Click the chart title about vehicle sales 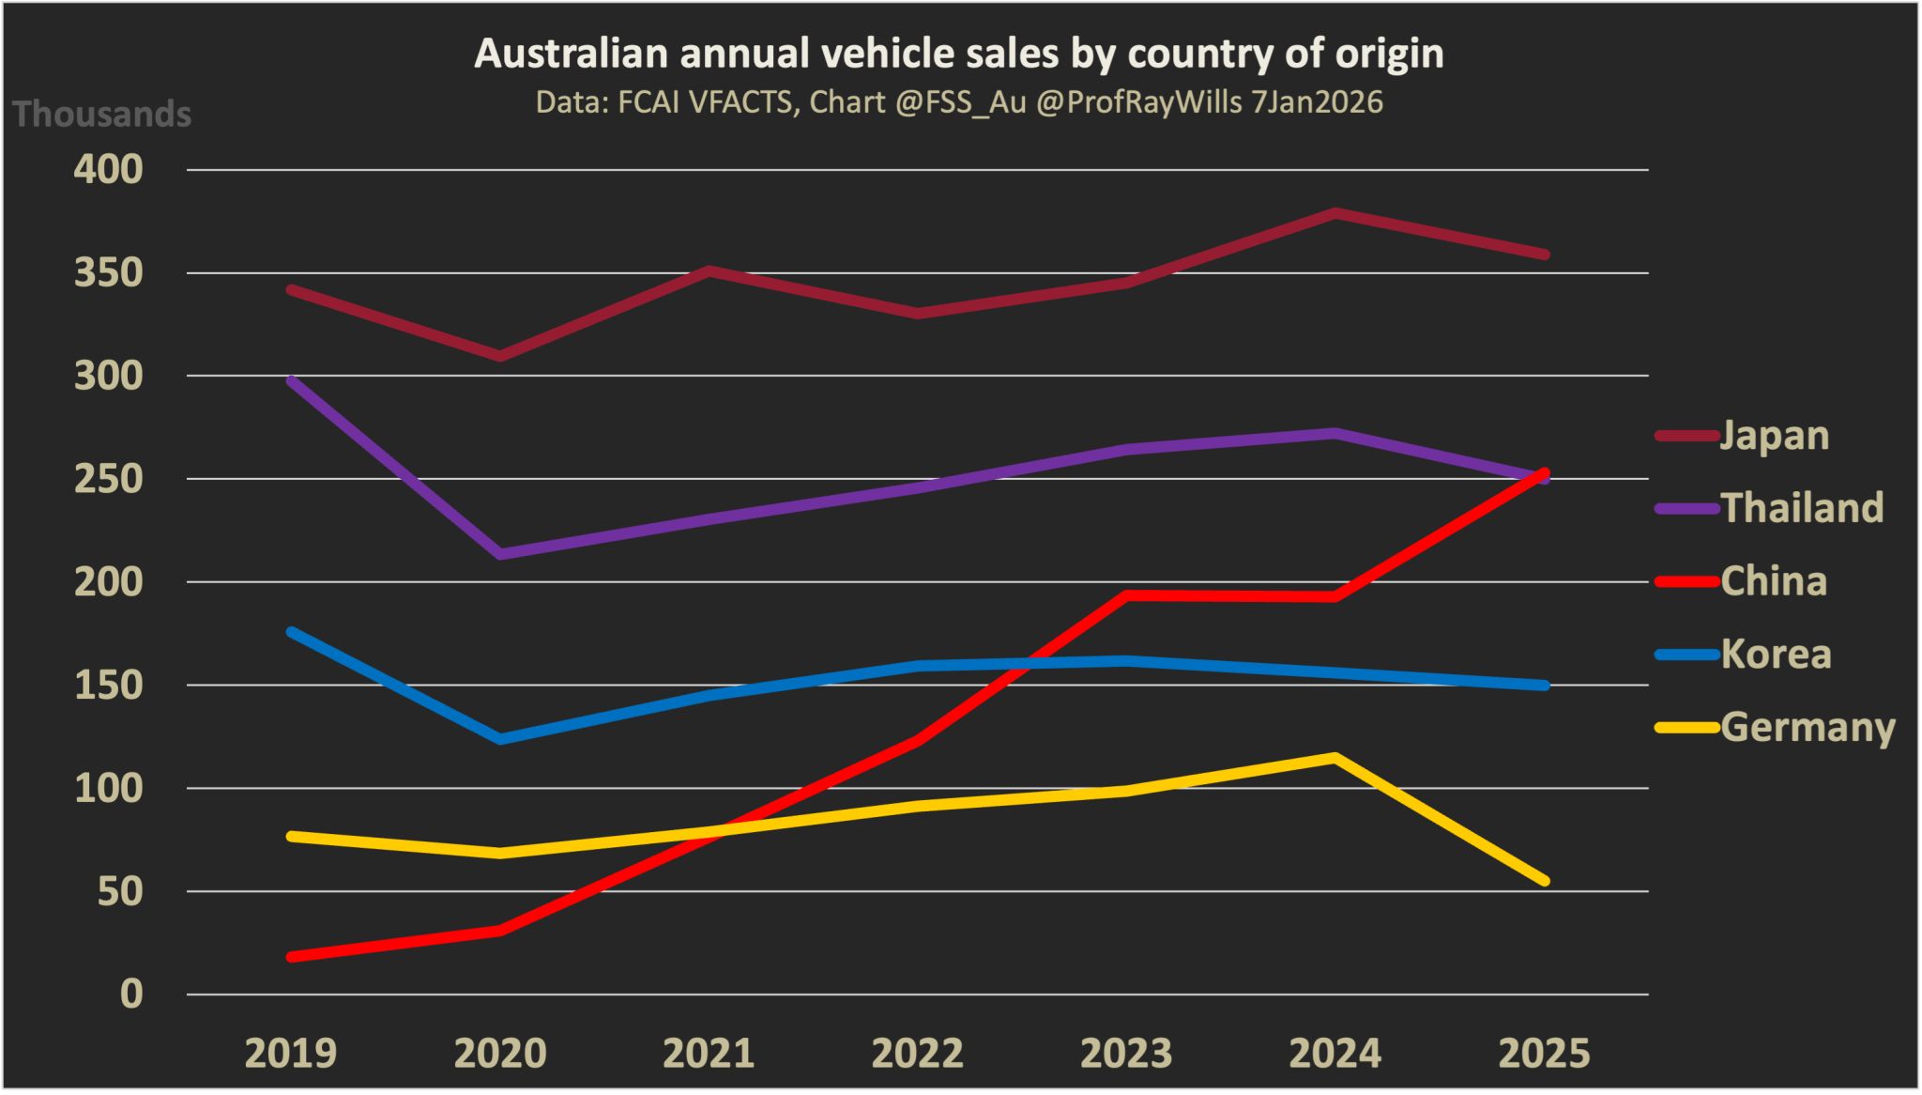958,54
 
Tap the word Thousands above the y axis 101,115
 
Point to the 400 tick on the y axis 108,170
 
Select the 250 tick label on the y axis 108,479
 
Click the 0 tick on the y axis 131,994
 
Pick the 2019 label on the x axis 290,1053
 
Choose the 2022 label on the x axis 917,1053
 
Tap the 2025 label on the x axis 1544,1053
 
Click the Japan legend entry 1773,436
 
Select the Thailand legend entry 1800,508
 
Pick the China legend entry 1773,581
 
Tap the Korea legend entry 1775,655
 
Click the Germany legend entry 1807,728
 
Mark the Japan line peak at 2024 1335,213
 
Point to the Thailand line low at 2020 501,554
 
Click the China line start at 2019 292,956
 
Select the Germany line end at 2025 1544,880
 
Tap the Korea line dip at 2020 501,739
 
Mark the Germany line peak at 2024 1335,757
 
